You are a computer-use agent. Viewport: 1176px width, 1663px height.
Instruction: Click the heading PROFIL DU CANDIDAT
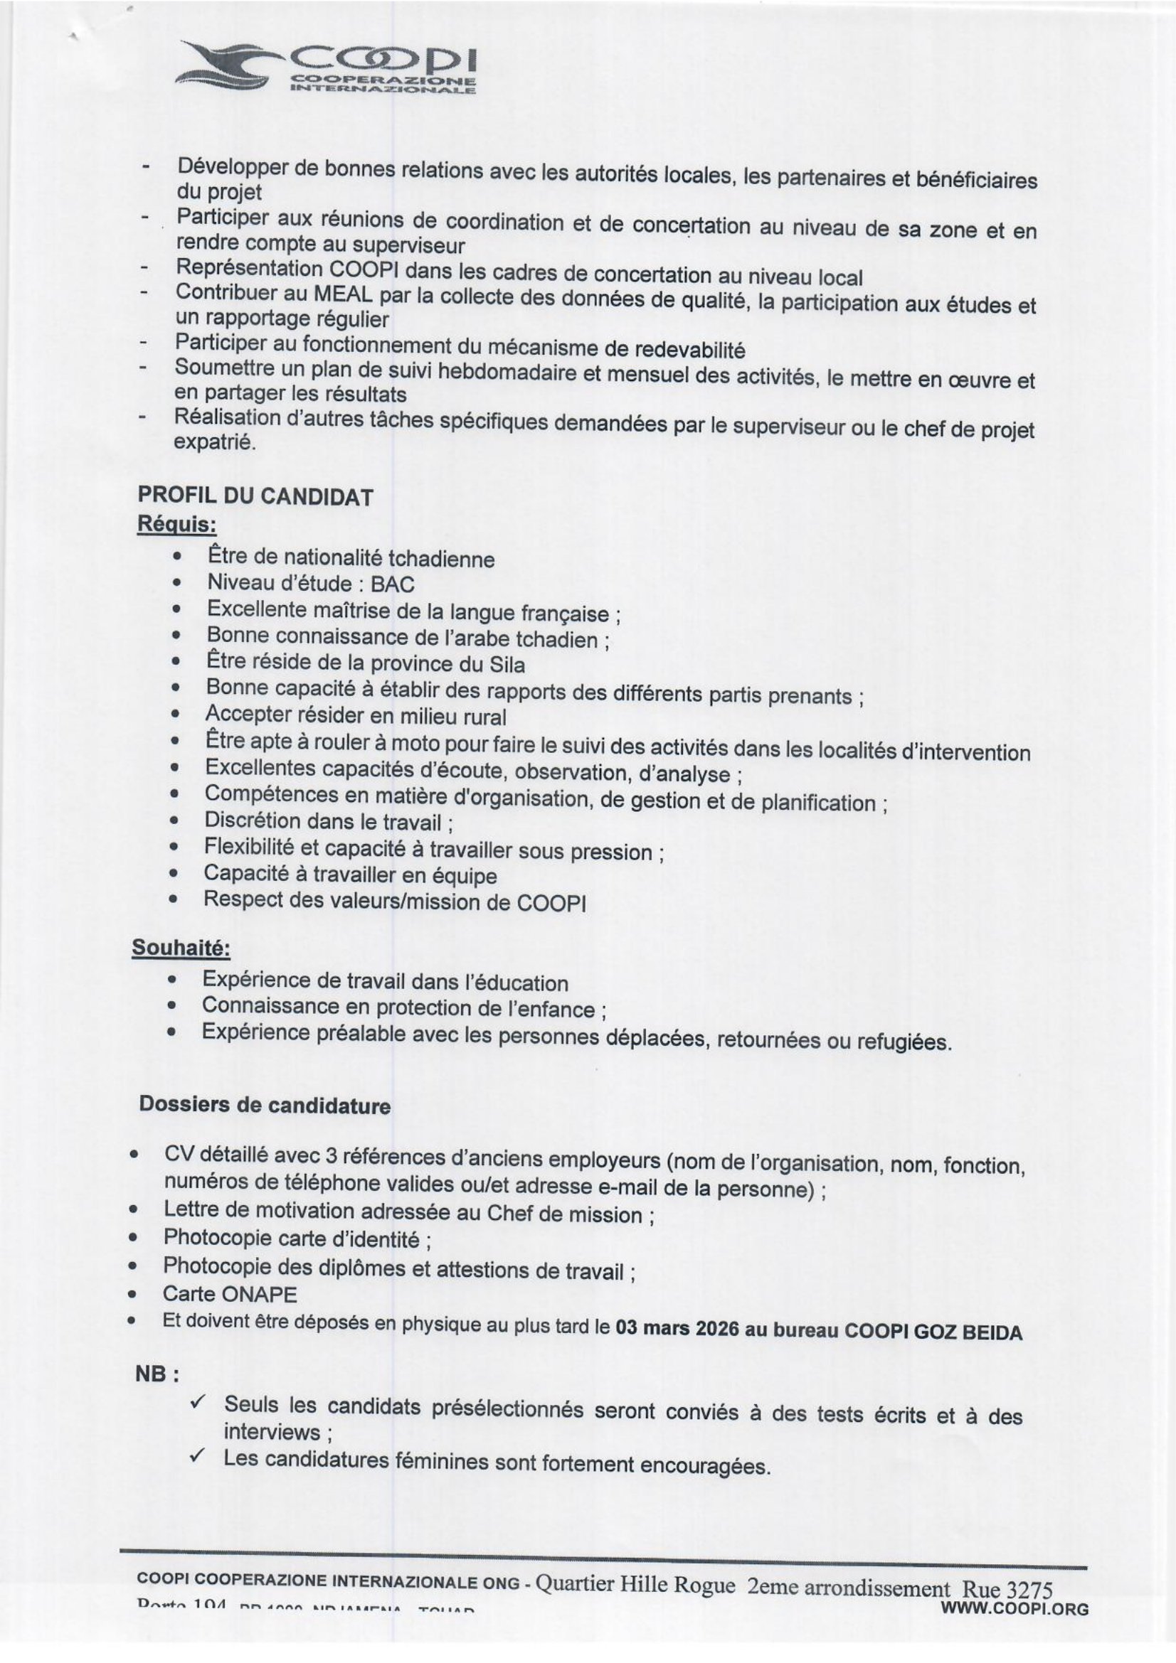click(x=255, y=496)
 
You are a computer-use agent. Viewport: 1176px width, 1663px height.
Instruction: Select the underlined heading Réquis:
click(x=177, y=524)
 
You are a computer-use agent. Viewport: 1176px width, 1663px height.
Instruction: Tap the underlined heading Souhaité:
click(x=181, y=947)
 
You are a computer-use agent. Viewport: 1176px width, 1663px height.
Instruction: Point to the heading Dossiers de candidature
click(x=265, y=1106)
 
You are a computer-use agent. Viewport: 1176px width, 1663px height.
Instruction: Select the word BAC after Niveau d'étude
click(x=392, y=584)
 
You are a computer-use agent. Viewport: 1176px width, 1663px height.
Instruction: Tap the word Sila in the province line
click(x=507, y=664)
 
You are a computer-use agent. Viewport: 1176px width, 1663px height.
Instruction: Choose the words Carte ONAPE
click(x=230, y=1293)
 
